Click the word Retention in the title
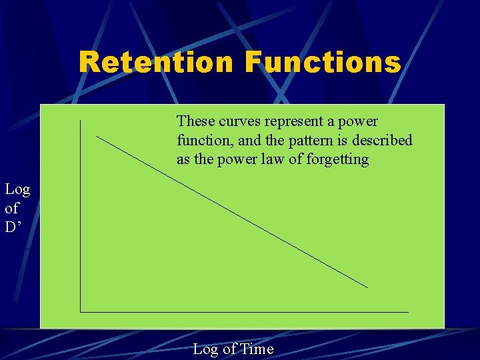(x=157, y=63)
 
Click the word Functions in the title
(x=323, y=63)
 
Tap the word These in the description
(x=195, y=121)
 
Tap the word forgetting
(x=337, y=160)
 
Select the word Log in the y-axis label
(x=17, y=190)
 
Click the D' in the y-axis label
(x=15, y=228)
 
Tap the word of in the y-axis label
(x=12, y=209)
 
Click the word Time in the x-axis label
(x=257, y=349)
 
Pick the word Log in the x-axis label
(x=205, y=349)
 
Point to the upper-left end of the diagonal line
(x=97, y=137)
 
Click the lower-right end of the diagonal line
(x=367, y=287)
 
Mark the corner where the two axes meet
(x=80, y=311)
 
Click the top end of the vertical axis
(x=80, y=121)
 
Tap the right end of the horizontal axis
(x=408, y=311)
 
